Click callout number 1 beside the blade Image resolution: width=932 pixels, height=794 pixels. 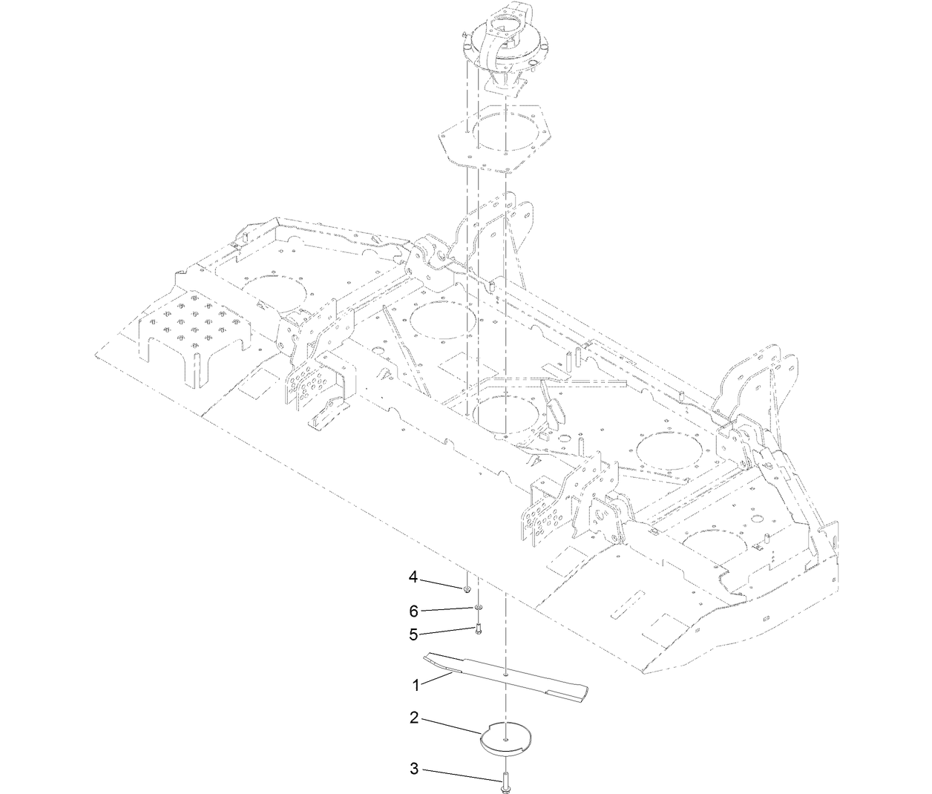click(x=416, y=685)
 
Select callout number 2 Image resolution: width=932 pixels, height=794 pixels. click(x=415, y=718)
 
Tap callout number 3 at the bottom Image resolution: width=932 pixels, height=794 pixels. click(x=415, y=769)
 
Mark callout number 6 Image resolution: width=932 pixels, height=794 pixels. click(x=414, y=611)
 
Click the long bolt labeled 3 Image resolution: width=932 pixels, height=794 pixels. click(x=505, y=780)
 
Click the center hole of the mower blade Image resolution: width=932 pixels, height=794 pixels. click(x=505, y=675)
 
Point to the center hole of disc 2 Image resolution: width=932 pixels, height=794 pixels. click(x=505, y=738)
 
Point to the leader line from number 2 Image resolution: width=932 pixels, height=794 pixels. click(x=452, y=725)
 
